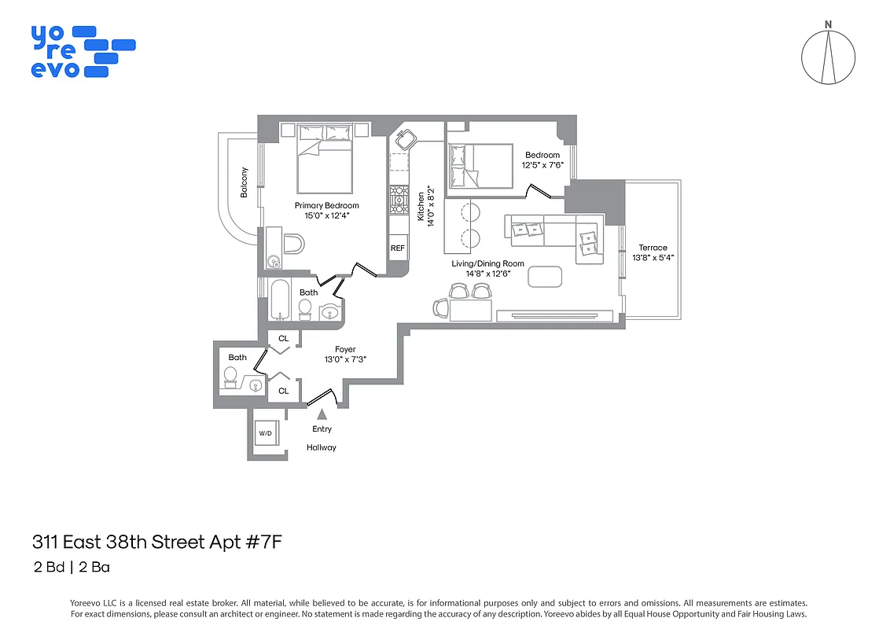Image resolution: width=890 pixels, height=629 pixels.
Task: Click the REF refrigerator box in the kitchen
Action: [398, 248]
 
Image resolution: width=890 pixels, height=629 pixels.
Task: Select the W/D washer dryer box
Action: [266, 434]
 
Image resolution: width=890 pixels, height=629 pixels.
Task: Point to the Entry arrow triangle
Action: [322, 414]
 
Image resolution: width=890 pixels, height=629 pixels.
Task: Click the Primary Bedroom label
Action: [327, 206]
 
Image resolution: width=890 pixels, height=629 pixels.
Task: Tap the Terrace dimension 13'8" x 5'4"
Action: [653, 258]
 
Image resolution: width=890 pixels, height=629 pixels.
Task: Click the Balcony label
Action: [245, 182]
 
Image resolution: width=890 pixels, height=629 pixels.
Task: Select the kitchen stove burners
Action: [398, 199]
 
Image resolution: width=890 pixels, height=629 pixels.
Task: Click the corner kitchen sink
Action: [406, 141]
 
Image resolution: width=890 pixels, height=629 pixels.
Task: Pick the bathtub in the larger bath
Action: [279, 301]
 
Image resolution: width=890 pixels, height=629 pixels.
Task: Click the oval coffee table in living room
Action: [546, 277]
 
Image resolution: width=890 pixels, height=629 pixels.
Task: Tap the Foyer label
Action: [345, 349]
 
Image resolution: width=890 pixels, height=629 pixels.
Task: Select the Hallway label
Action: [322, 447]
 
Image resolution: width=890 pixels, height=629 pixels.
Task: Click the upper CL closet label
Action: [284, 339]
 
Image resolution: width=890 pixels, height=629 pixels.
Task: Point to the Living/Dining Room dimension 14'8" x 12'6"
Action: [482, 274]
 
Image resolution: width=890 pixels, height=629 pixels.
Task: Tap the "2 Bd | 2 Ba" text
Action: [76, 566]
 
